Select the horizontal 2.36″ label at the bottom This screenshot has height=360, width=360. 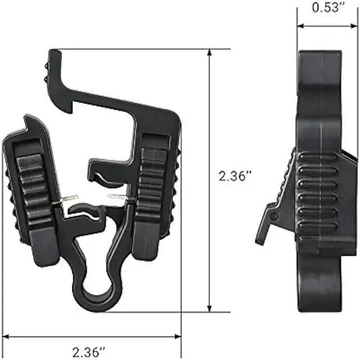(x=89, y=352)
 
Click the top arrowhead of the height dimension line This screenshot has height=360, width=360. (x=209, y=52)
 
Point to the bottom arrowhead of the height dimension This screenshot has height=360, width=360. (x=209, y=308)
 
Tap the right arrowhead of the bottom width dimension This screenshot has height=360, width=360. (x=178, y=336)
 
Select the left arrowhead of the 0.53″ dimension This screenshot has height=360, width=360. (x=300, y=26)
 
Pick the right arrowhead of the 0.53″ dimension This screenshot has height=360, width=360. (x=354, y=26)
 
